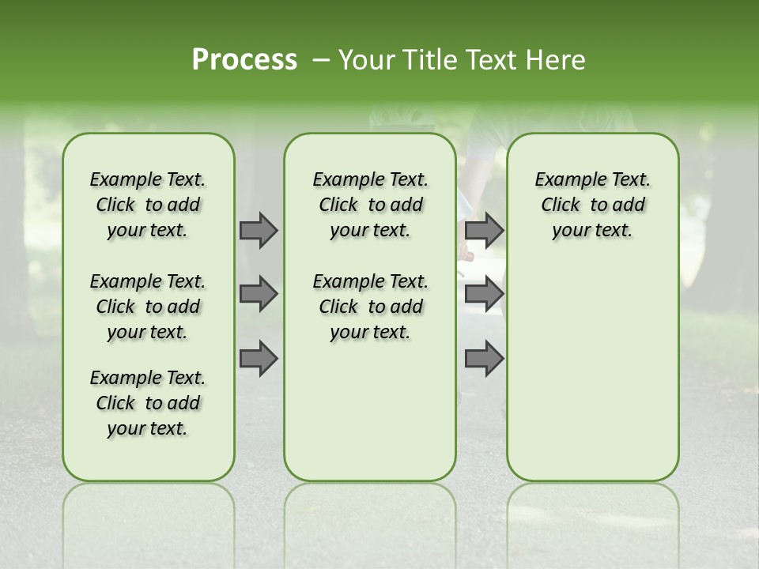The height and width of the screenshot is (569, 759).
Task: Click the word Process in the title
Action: click(x=244, y=60)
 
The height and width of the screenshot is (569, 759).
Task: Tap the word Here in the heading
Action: click(x=557, y=60)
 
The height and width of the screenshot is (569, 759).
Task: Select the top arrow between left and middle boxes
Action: click(x=259, y=231)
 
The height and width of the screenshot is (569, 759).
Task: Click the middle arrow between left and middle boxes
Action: click(x=259, y=295)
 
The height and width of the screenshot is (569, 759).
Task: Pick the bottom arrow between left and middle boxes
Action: click(x=259, y=359)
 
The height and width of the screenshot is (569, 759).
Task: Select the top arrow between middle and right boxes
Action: click(x=484, y=231)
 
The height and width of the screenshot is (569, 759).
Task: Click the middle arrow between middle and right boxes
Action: click(x=484, y=295)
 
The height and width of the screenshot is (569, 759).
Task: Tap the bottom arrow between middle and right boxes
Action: click(x=484, y=359)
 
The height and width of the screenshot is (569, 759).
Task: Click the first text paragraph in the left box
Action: click(x=148, y=205)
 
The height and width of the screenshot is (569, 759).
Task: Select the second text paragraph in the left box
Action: click(x=148, y=307)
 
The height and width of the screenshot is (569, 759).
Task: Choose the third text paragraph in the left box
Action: click(x=148, y=403)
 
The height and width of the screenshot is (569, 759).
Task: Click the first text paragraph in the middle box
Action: click(x=370, y=205)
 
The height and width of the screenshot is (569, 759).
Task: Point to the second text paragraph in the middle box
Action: click(x=370, y=307)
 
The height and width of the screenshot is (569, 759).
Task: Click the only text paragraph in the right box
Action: click(x=592, y=205)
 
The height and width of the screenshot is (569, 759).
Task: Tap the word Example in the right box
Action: click(x=567, y=179)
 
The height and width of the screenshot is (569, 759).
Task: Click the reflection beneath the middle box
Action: click(x=370, y=514)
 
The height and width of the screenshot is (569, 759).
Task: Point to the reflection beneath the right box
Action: click(x=592, y=514)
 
